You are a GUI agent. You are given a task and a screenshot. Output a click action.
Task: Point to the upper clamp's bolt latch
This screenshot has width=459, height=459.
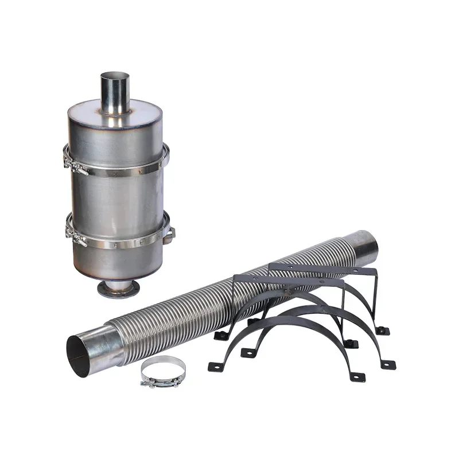click(x=75, y=166)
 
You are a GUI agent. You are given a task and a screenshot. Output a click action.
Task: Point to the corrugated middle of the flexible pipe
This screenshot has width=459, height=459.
click(x=229, y=298)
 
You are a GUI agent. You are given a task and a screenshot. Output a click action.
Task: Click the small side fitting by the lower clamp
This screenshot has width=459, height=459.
click(x=170, y=234)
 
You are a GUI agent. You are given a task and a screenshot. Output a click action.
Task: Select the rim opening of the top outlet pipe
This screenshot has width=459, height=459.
click(x=114, y=76)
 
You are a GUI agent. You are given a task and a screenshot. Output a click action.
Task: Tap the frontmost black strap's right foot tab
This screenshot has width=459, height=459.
click(x=356, y=376)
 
